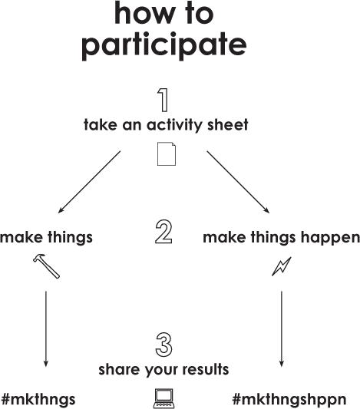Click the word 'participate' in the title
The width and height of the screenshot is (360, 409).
pos(164,45)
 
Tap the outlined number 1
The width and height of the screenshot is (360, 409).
pos(163,101)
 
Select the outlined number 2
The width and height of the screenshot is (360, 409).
pos(163,232)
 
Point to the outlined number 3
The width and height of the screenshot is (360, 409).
pos(163,345)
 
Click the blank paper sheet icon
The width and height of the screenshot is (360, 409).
pos(167,153)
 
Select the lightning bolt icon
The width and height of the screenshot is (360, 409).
pos(282,266)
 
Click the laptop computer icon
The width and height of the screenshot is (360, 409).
pos(163,398)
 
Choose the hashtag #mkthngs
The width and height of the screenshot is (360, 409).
pos(38,399)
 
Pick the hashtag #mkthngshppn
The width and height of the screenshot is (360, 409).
pos(289,399)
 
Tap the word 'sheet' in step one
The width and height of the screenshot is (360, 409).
pos(228,124)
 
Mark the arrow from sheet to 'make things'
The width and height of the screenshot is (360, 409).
pos(89,182)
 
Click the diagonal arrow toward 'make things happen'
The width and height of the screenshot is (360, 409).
pos(238,182)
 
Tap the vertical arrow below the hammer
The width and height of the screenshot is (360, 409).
pos(46,329)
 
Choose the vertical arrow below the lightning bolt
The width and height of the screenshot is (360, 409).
pos(282,329)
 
